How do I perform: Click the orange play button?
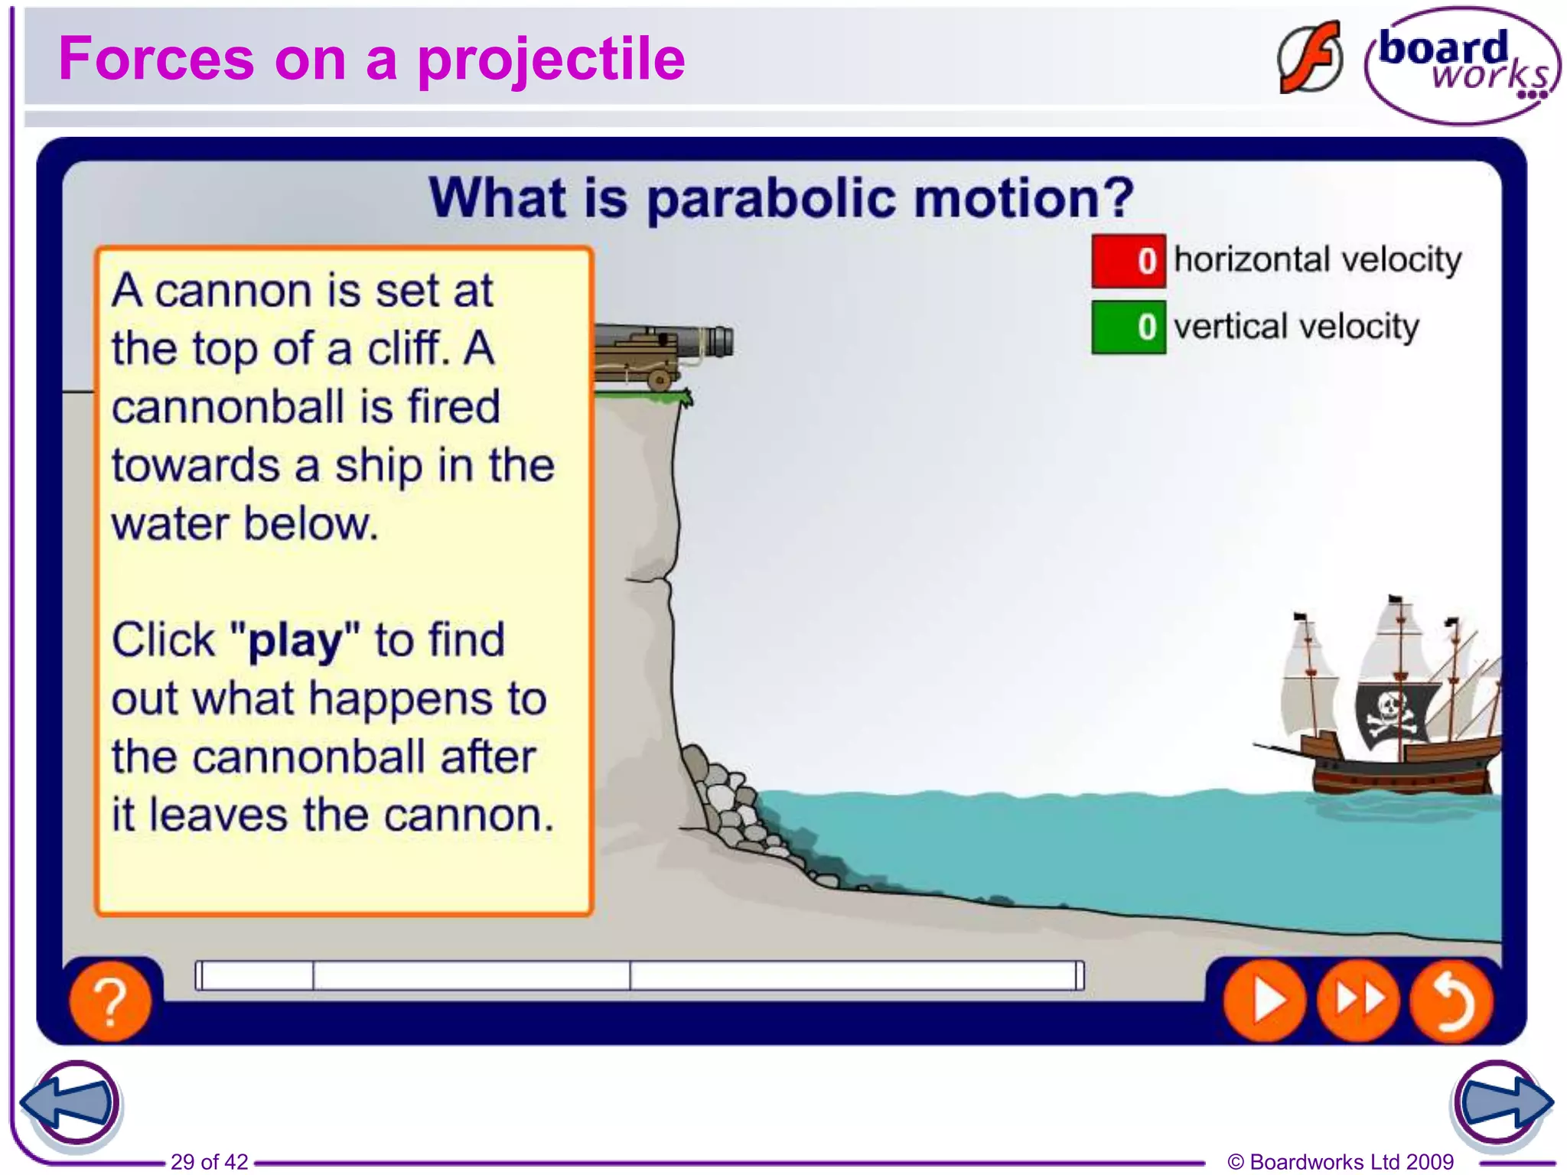tap(1264, 1000)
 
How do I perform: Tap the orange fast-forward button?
tap(1358, 1000)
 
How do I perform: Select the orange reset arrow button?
tap(1451, 1000)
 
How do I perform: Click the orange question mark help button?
tap(110, 1001)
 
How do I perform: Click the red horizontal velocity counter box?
tap(1128, 261)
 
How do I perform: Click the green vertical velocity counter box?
tap(1128, 327)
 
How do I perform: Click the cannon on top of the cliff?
tap(663, 353)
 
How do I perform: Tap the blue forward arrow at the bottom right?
tap(1502, 1102)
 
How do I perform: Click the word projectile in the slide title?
tap(550, 59)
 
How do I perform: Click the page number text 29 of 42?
tap(209, 1161)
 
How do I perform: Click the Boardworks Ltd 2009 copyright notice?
tap(1340, 1161)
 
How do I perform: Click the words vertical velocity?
tap(1296, 327)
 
